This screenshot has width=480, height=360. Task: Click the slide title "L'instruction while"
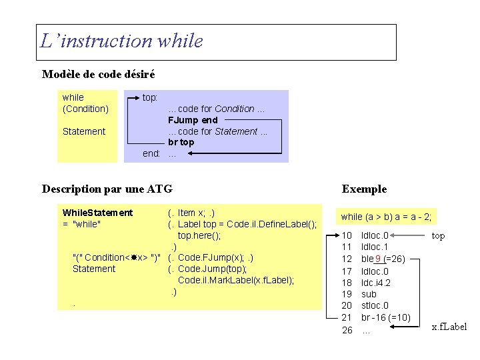pos(121,41)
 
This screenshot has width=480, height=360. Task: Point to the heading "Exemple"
pos(364,189)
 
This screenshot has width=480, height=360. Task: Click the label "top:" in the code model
pos(150,97)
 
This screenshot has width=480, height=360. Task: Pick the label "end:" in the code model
pos(151,153)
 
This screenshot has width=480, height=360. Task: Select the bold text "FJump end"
pos(193,120)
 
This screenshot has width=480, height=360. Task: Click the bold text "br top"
pos(181,142)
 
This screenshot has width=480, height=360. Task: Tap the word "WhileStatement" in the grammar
pos(97,213)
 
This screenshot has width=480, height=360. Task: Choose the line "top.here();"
pos(199,235)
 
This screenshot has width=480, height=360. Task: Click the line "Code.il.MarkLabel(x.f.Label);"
pos(236,280)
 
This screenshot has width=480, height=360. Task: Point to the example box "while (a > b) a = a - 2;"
pos(387,217)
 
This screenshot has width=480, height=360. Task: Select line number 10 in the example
pos(347,235)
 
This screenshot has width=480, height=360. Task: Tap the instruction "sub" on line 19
pos(369,294)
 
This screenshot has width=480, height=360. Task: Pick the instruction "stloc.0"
pos(375,306)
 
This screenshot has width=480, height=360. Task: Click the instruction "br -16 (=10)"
pos(385,317)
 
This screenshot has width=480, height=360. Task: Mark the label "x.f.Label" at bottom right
pos(449,326)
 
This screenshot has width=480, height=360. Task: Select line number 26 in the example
pos(347,330)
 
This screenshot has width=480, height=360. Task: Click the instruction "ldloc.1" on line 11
pos(375,247)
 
